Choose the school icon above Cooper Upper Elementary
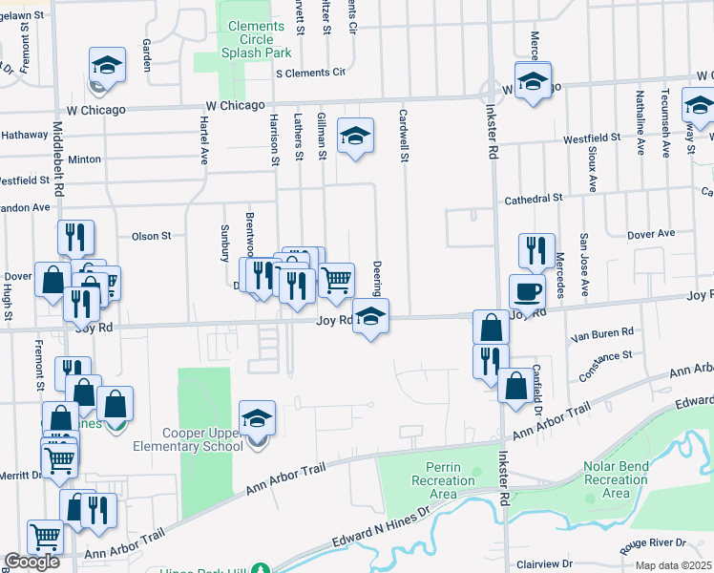[x=257, y=416]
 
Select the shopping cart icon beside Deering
[x=336, y=280]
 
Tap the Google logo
[x=32, y=562]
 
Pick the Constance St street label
[x=607, y=355]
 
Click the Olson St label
[x=151, y=235]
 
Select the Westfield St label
[x=592, y=138]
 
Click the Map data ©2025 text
[x=674, y=565]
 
